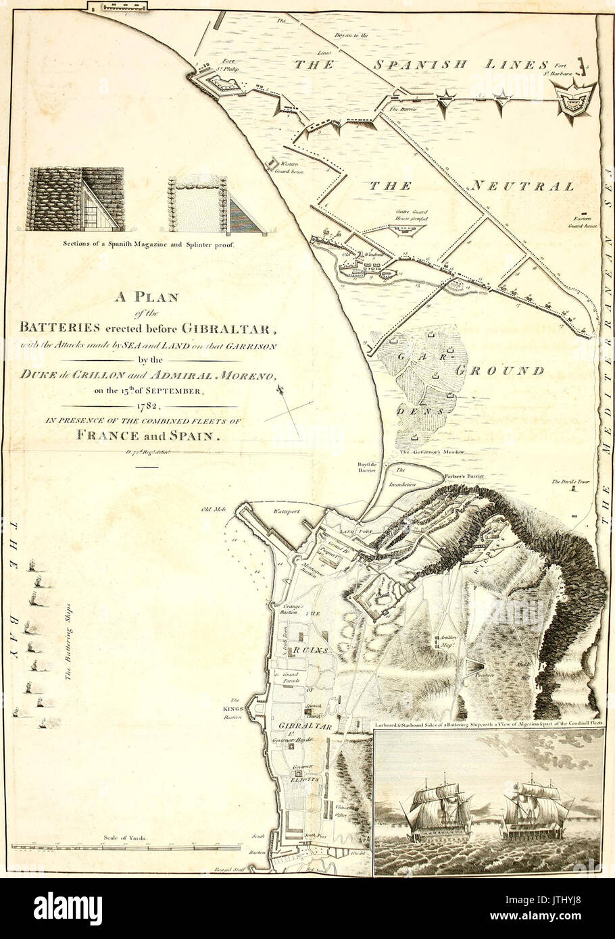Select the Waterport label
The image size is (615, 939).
pos(286,511)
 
